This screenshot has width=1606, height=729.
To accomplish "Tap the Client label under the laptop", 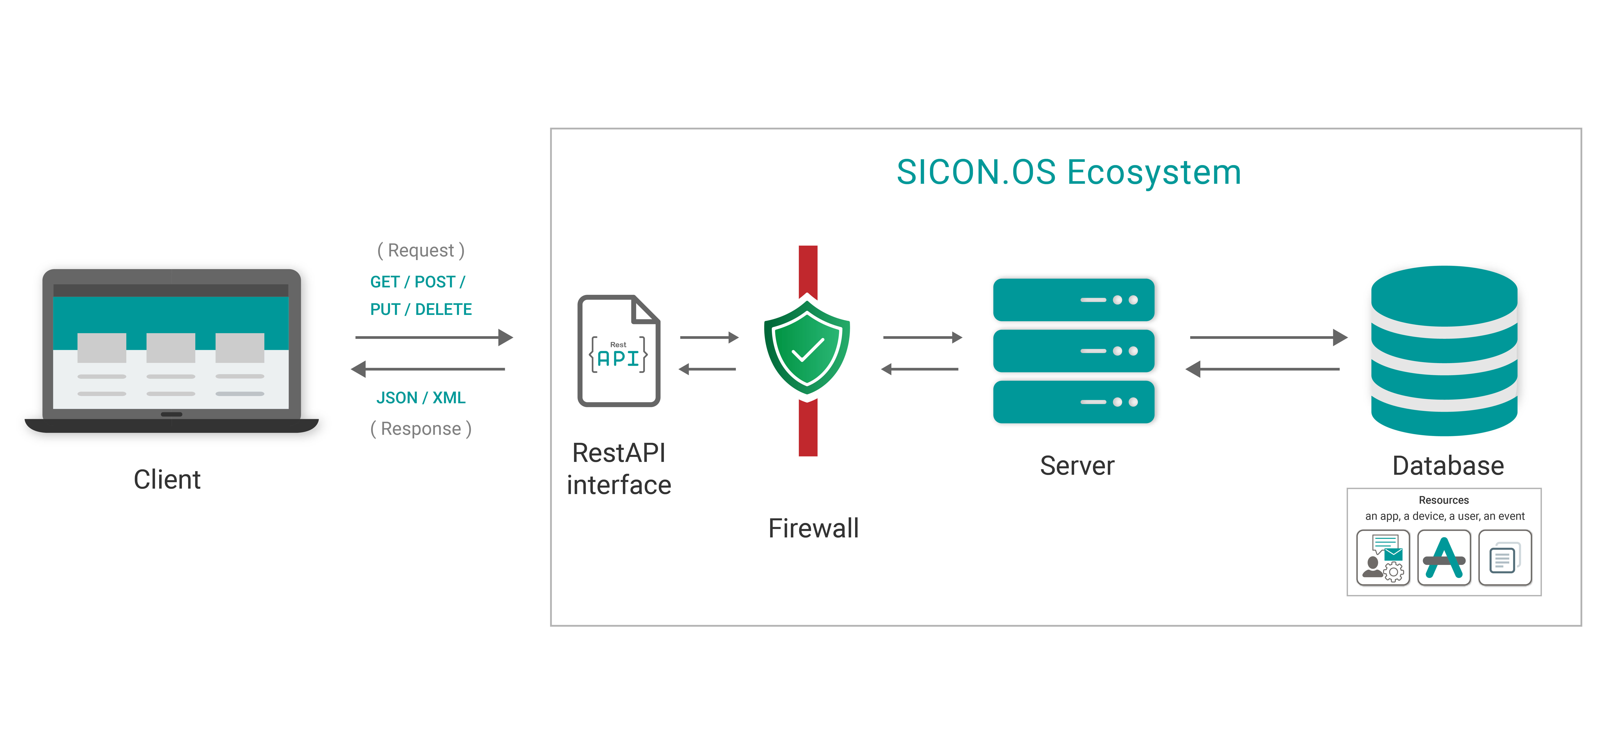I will click(x=167, y=480).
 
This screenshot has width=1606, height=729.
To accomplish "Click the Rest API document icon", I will click(x=618, y=351).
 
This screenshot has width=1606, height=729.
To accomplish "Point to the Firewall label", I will click(x=813, y=528).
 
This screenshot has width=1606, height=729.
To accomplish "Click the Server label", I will click(x=1077, y=466).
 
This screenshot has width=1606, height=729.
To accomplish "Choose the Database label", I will click(x=1448, y=466).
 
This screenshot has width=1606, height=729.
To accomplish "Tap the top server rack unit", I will click(x=1073, y=300).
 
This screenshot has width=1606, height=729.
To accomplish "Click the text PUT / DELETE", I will click(x=421, y=309).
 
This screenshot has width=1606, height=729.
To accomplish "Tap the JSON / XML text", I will click(x=421, y=398).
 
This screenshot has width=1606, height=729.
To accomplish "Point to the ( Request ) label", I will click(x=421, y=250).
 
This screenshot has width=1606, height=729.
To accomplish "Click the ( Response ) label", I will click(x=421, y=429).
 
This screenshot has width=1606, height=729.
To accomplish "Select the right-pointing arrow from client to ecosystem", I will click(x=433, y=337).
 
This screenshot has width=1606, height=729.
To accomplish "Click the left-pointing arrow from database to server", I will click(x=1263, y=369).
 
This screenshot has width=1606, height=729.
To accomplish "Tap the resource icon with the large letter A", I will click(x=1444, y=557).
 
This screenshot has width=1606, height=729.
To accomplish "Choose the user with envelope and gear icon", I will click(x=1383, y=557).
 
